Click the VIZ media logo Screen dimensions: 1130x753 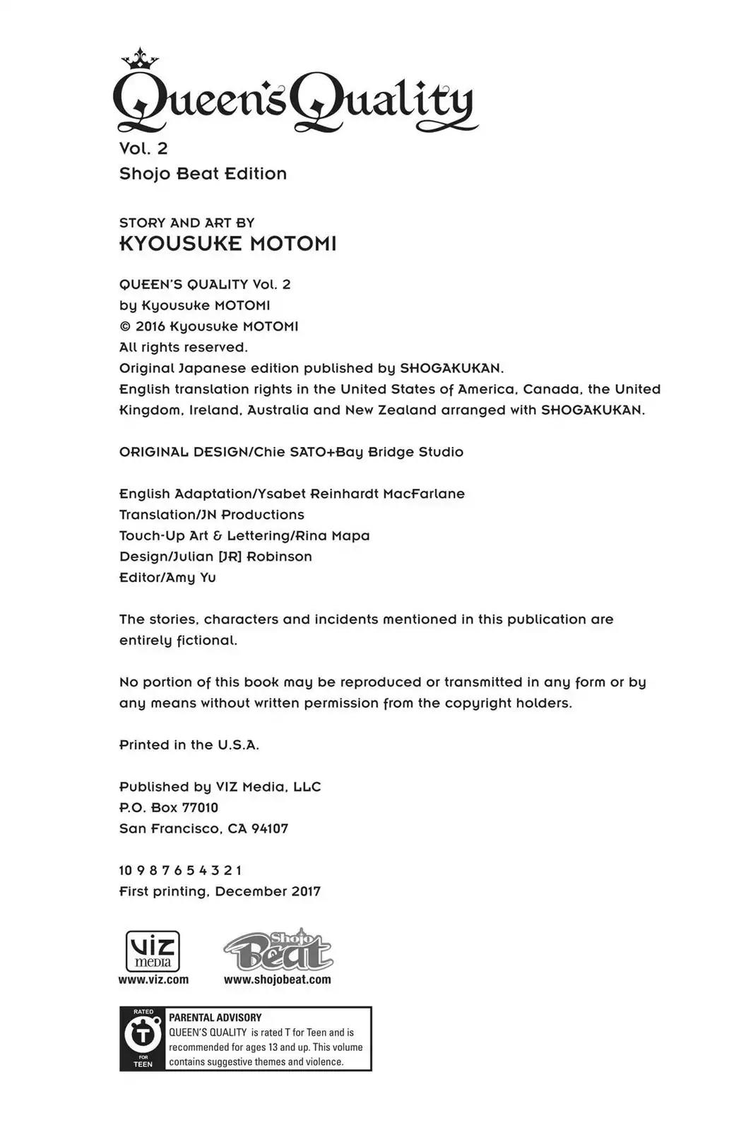point(153,951)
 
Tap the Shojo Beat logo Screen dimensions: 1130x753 point(278,950)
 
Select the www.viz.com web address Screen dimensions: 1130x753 point(153,980)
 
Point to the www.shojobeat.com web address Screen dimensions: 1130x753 point(277,980)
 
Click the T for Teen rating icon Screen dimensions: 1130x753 point(143,1038)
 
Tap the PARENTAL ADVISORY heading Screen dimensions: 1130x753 point(215,1018)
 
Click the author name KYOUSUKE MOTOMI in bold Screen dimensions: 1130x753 point(227,244)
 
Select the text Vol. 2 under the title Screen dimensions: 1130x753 point(143,148)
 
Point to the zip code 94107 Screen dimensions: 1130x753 point(270,828)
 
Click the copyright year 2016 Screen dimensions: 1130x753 point(150,326)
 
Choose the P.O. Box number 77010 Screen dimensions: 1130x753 point(200,807)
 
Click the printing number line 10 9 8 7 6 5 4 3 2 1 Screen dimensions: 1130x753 point(181,870)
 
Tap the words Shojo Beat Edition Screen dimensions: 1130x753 point(203,174)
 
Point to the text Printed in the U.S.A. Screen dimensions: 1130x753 point(189,745)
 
